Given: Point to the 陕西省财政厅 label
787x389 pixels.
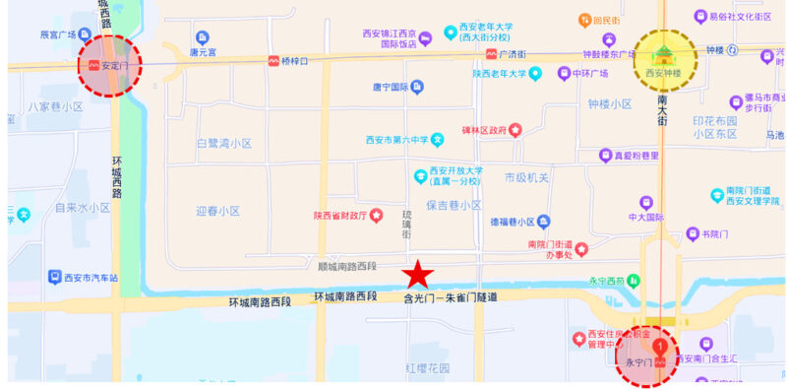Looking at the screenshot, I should point(340,216).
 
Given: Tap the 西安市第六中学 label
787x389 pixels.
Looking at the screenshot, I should point(392,140).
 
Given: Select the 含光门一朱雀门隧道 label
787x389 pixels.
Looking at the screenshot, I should point(451,296).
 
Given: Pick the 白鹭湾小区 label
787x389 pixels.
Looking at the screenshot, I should point(224,144).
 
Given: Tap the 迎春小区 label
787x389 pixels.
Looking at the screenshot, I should point(217,211).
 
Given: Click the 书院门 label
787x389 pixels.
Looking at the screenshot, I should point(714,234).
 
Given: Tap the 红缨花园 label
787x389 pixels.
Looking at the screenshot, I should point(427,368).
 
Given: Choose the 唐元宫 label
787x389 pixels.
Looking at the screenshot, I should point(209,53).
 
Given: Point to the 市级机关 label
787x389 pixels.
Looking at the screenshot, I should point(526,177).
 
